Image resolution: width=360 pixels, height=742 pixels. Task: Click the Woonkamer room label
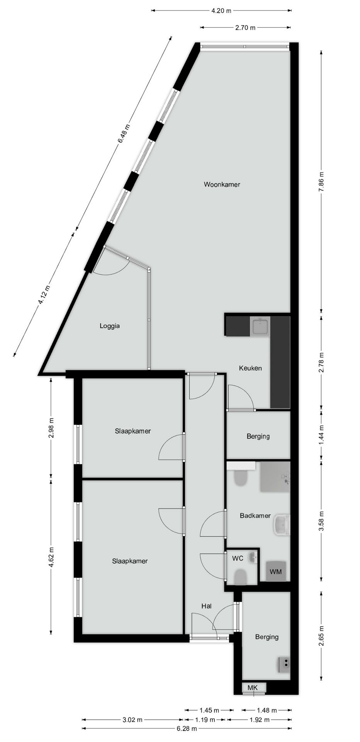click(222, 185)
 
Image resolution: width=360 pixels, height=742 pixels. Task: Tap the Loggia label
click(110, 326)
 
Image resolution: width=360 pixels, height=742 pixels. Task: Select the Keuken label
click(250, 368)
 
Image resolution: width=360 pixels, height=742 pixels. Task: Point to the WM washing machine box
click(276, 571)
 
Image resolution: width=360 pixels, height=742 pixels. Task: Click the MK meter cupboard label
click(252, 688)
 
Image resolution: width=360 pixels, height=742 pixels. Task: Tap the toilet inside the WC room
click(241, 577)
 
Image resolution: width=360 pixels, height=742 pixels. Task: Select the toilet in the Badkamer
click(241, 478)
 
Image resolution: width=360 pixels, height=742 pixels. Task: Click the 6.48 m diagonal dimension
click(124, 134)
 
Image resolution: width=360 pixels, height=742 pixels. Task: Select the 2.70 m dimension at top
click(245, 27)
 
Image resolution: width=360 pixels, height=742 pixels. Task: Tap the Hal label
click(206, 606)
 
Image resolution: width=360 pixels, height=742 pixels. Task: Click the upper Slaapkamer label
click(132, 431)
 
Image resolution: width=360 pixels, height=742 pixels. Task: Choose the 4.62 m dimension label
click(51, 556)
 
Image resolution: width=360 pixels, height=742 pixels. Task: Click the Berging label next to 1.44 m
click(258, 436)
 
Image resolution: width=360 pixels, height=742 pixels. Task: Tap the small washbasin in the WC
click(253, 557)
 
